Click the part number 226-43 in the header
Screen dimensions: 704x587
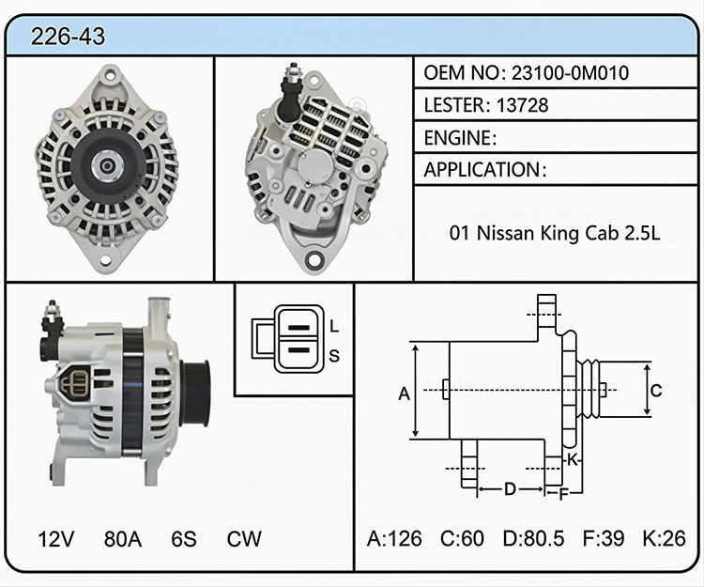click(68, 36)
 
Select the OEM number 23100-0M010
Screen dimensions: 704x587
click(570, 72)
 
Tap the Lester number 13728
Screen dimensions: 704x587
click(522, 105)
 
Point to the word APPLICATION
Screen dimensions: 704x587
click(482, 170)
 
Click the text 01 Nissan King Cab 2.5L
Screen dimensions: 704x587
click(555, 233)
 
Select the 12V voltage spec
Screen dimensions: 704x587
click(56, 538)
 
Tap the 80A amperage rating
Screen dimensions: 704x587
click(123, 538)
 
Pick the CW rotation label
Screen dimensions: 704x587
click(244, 538)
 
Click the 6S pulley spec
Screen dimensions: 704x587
click(184, 538)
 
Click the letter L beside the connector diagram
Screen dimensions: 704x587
click(334, 326)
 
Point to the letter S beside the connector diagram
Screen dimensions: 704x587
click(334, 356)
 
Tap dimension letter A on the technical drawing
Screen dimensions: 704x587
click(404, 394)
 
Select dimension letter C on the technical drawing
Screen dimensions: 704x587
click(656, 391)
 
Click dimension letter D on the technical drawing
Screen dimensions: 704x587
click(510, 488)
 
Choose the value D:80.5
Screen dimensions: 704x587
click(533, 538)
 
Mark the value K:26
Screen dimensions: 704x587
click(664, 538)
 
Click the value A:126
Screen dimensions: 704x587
click(394, 538)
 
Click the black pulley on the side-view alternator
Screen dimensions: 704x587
click(195, 394)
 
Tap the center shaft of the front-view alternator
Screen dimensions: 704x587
click(107, 166)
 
